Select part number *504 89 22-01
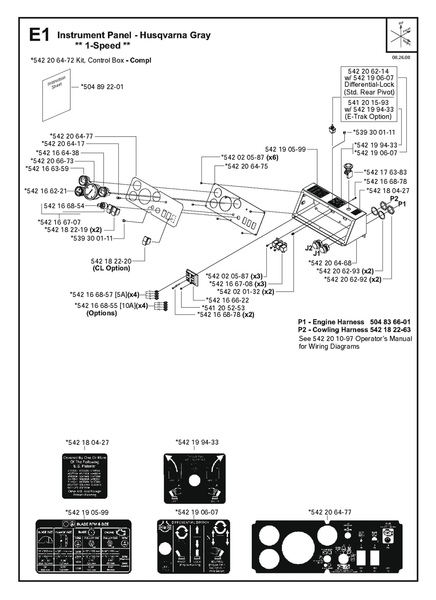102,87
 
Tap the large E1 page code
39,36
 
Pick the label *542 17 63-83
385,172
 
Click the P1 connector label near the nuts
402,204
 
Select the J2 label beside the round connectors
308,248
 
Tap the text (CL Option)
111,268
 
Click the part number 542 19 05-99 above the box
285,149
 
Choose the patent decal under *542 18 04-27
84,476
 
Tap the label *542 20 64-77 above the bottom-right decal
330,512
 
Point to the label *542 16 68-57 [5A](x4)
104,294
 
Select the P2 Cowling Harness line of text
354,330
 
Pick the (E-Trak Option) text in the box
369,117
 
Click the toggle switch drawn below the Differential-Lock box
332,130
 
